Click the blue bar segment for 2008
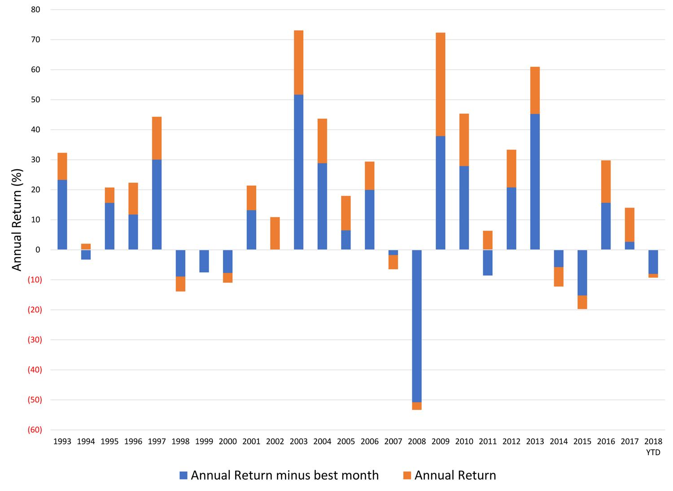[x=417, y=326]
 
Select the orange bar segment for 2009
[x=440, y=84]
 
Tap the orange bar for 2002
[x=275, y=233]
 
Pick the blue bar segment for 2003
[x=298, y=172]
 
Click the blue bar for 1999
[x=204, y=261]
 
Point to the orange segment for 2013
[x=535, y=90]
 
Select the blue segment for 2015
[x=582, y=272]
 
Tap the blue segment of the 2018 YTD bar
[x=653, y=262]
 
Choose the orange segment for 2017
[x=629, y=225]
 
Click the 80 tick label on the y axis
[x=35, y=9]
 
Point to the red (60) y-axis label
[x=34, y=430]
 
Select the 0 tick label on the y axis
[x=38, y=250]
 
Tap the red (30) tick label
[x=34, y=340]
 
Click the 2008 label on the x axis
[x=417, y=442]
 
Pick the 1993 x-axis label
[x=62, y=442]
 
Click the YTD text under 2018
[x=653, y=452]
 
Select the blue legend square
[x=183, y=476]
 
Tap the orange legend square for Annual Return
[x=407, y=476]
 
